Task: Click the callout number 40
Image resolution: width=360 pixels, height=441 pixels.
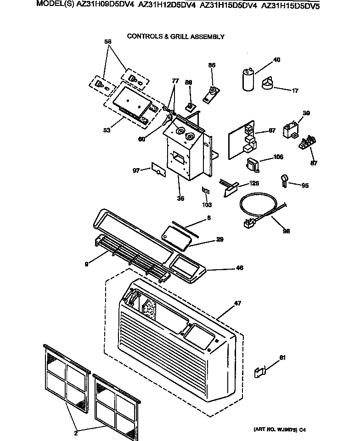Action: click(276, 60)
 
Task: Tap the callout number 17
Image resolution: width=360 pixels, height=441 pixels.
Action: click(295, 90)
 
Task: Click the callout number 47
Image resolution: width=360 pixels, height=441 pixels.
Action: click(237, 304)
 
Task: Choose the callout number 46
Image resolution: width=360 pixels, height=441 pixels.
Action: click(239, 267)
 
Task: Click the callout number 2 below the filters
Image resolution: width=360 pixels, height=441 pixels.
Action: click(76, 432)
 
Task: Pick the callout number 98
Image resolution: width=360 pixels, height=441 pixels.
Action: click(286, 231)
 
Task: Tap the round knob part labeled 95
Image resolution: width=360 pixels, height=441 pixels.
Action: click(284, 179)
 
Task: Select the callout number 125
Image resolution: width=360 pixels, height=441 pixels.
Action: click(254, 183)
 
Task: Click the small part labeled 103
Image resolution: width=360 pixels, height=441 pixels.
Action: click(206, 191)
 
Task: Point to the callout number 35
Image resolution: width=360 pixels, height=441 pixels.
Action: click(180, 198)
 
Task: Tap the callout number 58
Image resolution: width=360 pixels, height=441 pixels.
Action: click(108, 41)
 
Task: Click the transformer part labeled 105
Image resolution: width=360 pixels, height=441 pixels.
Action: click(252, 164)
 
